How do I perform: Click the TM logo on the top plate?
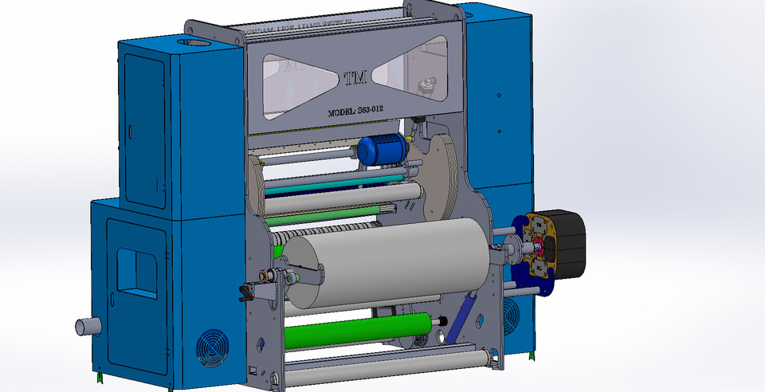coord(355,77)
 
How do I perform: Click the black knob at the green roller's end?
coord(435,321)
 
